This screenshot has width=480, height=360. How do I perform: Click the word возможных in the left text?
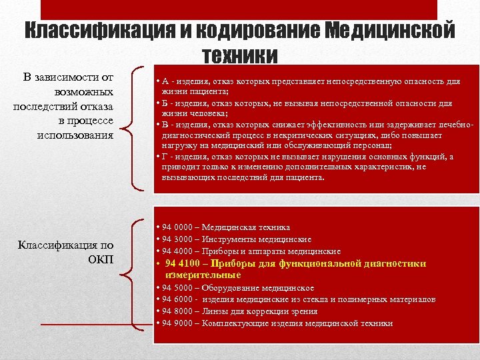tap(85, 91)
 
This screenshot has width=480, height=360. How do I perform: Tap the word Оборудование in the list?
tap(230, 287)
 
